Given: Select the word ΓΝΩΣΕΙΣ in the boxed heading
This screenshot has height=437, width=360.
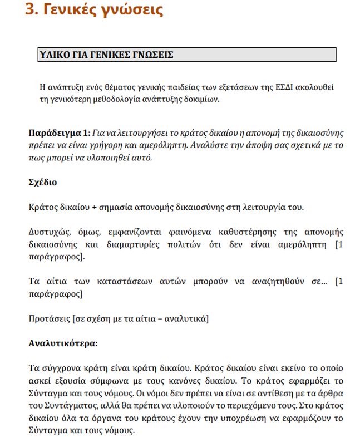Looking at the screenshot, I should pyautogui.click(x=154, y=55).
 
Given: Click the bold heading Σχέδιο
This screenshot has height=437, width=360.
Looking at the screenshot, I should pyautogui.click(x=42, y=182).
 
